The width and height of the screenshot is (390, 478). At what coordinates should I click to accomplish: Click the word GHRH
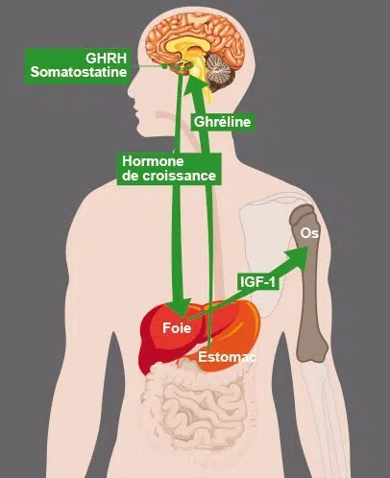(106, 59)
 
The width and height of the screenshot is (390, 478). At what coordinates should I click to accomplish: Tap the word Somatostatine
(79, 72)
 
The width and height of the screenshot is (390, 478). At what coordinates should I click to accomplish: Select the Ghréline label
(222, 122)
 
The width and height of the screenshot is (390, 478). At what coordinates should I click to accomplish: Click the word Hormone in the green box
(153, 161)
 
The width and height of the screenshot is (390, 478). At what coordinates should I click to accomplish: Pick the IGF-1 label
(257, 282)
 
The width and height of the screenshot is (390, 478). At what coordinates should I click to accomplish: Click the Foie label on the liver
(177, 328)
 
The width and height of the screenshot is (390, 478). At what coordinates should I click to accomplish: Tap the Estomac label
(228, 357)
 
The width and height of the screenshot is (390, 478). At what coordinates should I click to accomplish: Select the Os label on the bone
(309, 233)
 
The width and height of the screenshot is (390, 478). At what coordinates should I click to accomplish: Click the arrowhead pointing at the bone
(297, 257)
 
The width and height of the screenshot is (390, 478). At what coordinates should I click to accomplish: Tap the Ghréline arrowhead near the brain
(196, 84)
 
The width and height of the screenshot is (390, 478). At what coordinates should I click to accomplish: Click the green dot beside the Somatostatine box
(164, 66)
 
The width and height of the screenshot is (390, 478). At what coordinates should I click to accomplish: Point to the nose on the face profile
(132, 89)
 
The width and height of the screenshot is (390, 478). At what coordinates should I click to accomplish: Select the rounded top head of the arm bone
(302, 214)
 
